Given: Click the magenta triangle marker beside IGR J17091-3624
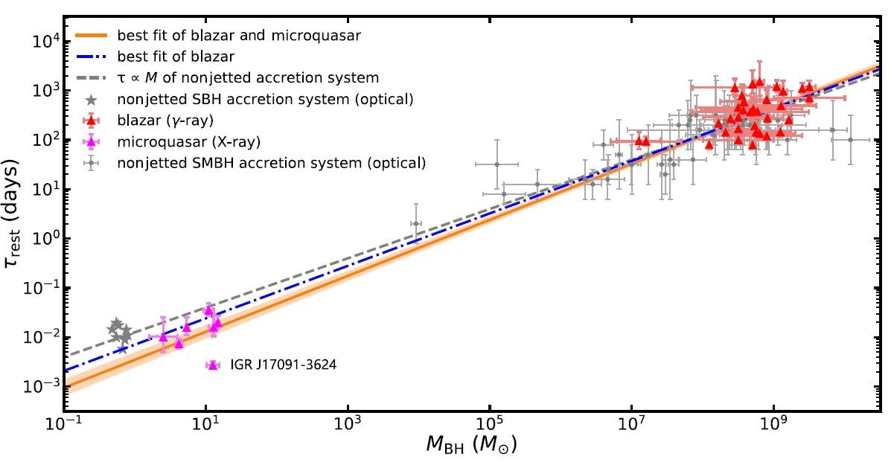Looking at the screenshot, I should click(214, 365).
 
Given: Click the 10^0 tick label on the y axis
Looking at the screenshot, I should click(46, 239).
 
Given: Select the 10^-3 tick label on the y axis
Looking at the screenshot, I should click(45, 387).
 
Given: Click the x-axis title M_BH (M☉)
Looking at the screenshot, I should click(461, 447).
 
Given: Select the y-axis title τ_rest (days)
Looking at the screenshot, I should click(16, 213).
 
